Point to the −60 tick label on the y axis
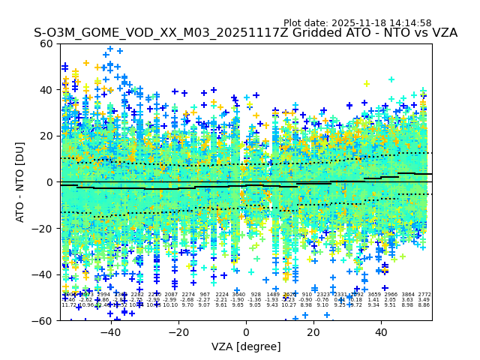46,321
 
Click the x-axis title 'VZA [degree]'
246,346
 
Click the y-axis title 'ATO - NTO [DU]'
21,182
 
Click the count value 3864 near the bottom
407,295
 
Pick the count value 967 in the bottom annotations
205,295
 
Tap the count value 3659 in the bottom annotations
373,295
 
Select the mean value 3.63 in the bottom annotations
407,300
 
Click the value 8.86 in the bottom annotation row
424,305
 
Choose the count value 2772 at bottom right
424,295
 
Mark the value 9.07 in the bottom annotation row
205,305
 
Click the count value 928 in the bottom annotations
256,295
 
